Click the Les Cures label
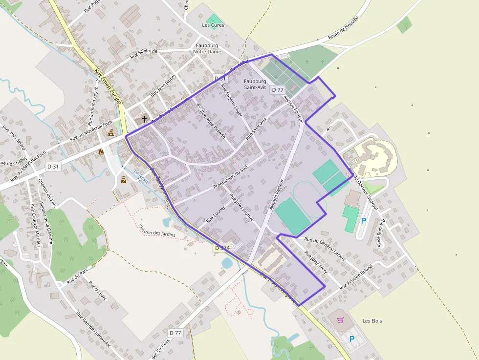pos(213,25)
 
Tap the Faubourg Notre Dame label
pos(207,48)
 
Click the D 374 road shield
pos(222,248)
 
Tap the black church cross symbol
pos(144,119)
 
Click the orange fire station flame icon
pos(102,152)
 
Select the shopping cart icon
pos(340,320)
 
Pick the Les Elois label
pos(372,321)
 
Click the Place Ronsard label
pos(381,233)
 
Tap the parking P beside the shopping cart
pos(351,339)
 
